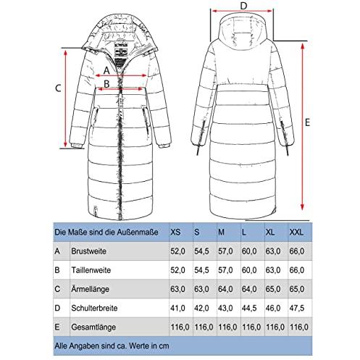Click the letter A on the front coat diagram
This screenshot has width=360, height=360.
(106, 71)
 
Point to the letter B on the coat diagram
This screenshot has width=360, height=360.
(106, 84)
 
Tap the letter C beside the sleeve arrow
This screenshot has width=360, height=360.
(58, 88)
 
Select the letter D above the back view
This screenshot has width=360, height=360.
(244, 6)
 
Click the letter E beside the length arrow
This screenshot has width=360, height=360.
(307, 122)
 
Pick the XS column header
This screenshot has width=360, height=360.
(175, 233)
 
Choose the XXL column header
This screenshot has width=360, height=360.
(296, 233)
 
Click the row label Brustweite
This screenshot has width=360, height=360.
(88, 251)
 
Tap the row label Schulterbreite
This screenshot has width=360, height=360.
(94, 308)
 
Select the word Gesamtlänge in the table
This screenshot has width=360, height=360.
(93, 327)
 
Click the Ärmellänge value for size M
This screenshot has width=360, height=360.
(225, 289)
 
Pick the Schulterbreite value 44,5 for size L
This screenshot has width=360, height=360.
(249, 308)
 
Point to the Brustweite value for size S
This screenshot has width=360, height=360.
(201, 251)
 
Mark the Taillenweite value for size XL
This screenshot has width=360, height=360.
(273, 270)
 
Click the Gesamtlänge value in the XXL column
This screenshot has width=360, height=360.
(299, 327)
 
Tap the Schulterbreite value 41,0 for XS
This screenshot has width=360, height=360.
(177, 308)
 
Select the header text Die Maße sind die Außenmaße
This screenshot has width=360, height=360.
(106, 233)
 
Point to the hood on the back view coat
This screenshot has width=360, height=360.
(243, 31)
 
